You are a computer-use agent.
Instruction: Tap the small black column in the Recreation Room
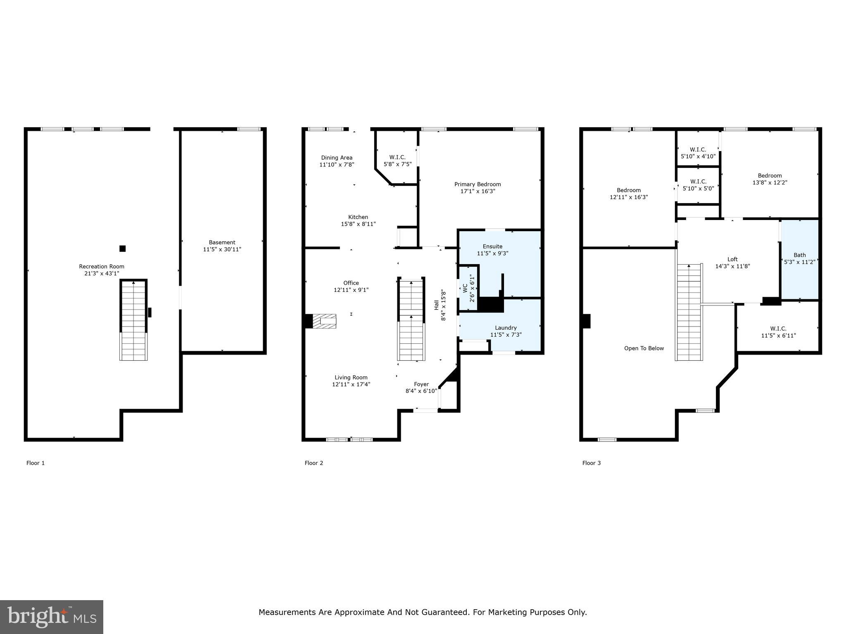tap(122, 248)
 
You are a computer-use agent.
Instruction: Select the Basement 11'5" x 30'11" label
tap(222, 246)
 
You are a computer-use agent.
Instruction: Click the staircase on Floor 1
tap(133, 319)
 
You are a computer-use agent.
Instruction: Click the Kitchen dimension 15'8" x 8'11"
tap(358, 224)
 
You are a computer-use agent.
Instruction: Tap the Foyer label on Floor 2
tap(421, 384)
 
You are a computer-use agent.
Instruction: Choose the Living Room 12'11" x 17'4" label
tap(351, 381)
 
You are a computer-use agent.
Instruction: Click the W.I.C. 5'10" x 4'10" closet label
tap(698, 153)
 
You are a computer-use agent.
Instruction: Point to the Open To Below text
tap(644, 348)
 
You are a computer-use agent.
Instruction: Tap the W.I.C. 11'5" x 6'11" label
tap(778, 332)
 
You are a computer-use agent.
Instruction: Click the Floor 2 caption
tap(314, 463)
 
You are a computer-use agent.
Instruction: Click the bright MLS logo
tap(52, 617)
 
